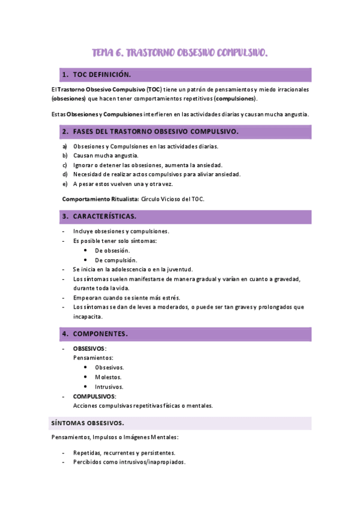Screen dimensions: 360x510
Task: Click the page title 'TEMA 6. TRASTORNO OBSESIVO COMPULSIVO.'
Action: [x=180, y=54]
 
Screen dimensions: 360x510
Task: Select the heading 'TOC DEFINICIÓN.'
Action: [x=102, y=75]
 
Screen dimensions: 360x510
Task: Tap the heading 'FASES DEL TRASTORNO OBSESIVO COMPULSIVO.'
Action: [x=156, y=131]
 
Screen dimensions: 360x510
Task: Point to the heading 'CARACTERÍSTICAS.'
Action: [x=105, y=216]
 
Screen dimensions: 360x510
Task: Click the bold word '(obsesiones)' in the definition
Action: [x=69, y=99]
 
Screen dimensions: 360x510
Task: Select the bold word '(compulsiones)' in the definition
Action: [x=236, y=99]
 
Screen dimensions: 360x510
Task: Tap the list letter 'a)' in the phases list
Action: [x=65, y=146]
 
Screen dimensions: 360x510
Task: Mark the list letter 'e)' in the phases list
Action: [x=65, y=183]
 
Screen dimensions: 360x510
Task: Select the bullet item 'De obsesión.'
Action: [x=112, y=250]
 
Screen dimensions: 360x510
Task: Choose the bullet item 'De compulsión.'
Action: [x=116, y=260]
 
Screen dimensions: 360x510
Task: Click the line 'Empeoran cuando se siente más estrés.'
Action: [x=126, y=297]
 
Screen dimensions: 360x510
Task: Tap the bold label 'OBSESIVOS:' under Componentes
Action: [x=90, y=348]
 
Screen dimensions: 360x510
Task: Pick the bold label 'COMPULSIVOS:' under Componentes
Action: [x=94, y=396]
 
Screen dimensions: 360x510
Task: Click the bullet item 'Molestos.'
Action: [x=109, y=377]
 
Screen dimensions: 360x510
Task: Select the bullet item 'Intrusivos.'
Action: [x=109, y=387]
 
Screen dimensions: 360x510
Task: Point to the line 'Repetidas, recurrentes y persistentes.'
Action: [x=124, y=452]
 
